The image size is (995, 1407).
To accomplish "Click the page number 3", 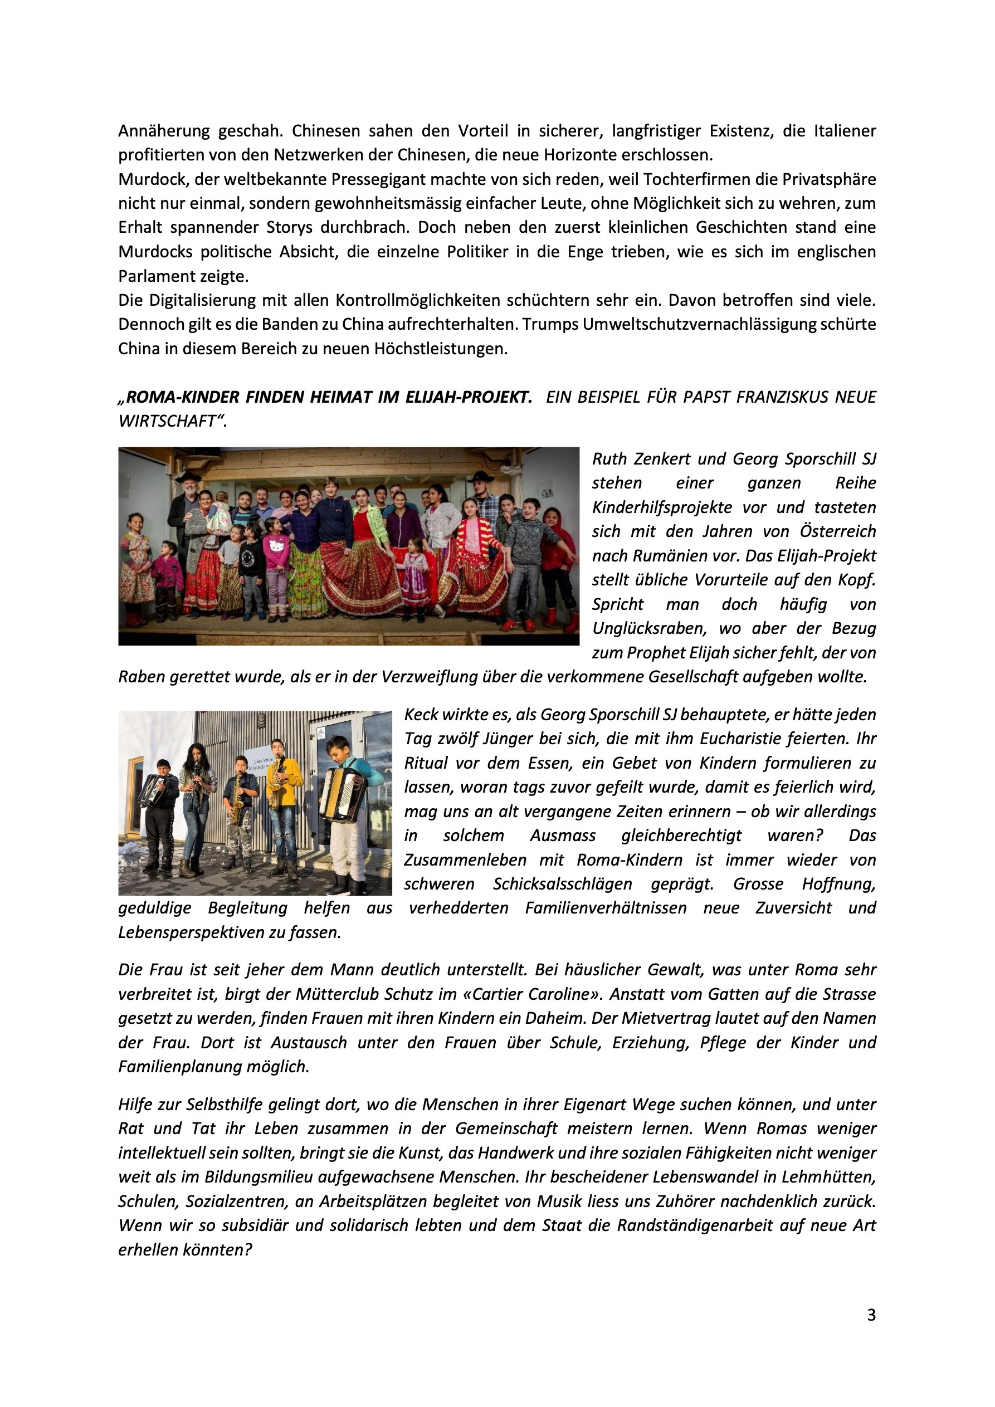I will pos(871,1315).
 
